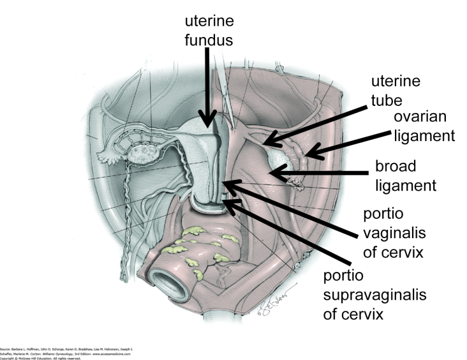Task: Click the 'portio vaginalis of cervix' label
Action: (394, 232)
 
